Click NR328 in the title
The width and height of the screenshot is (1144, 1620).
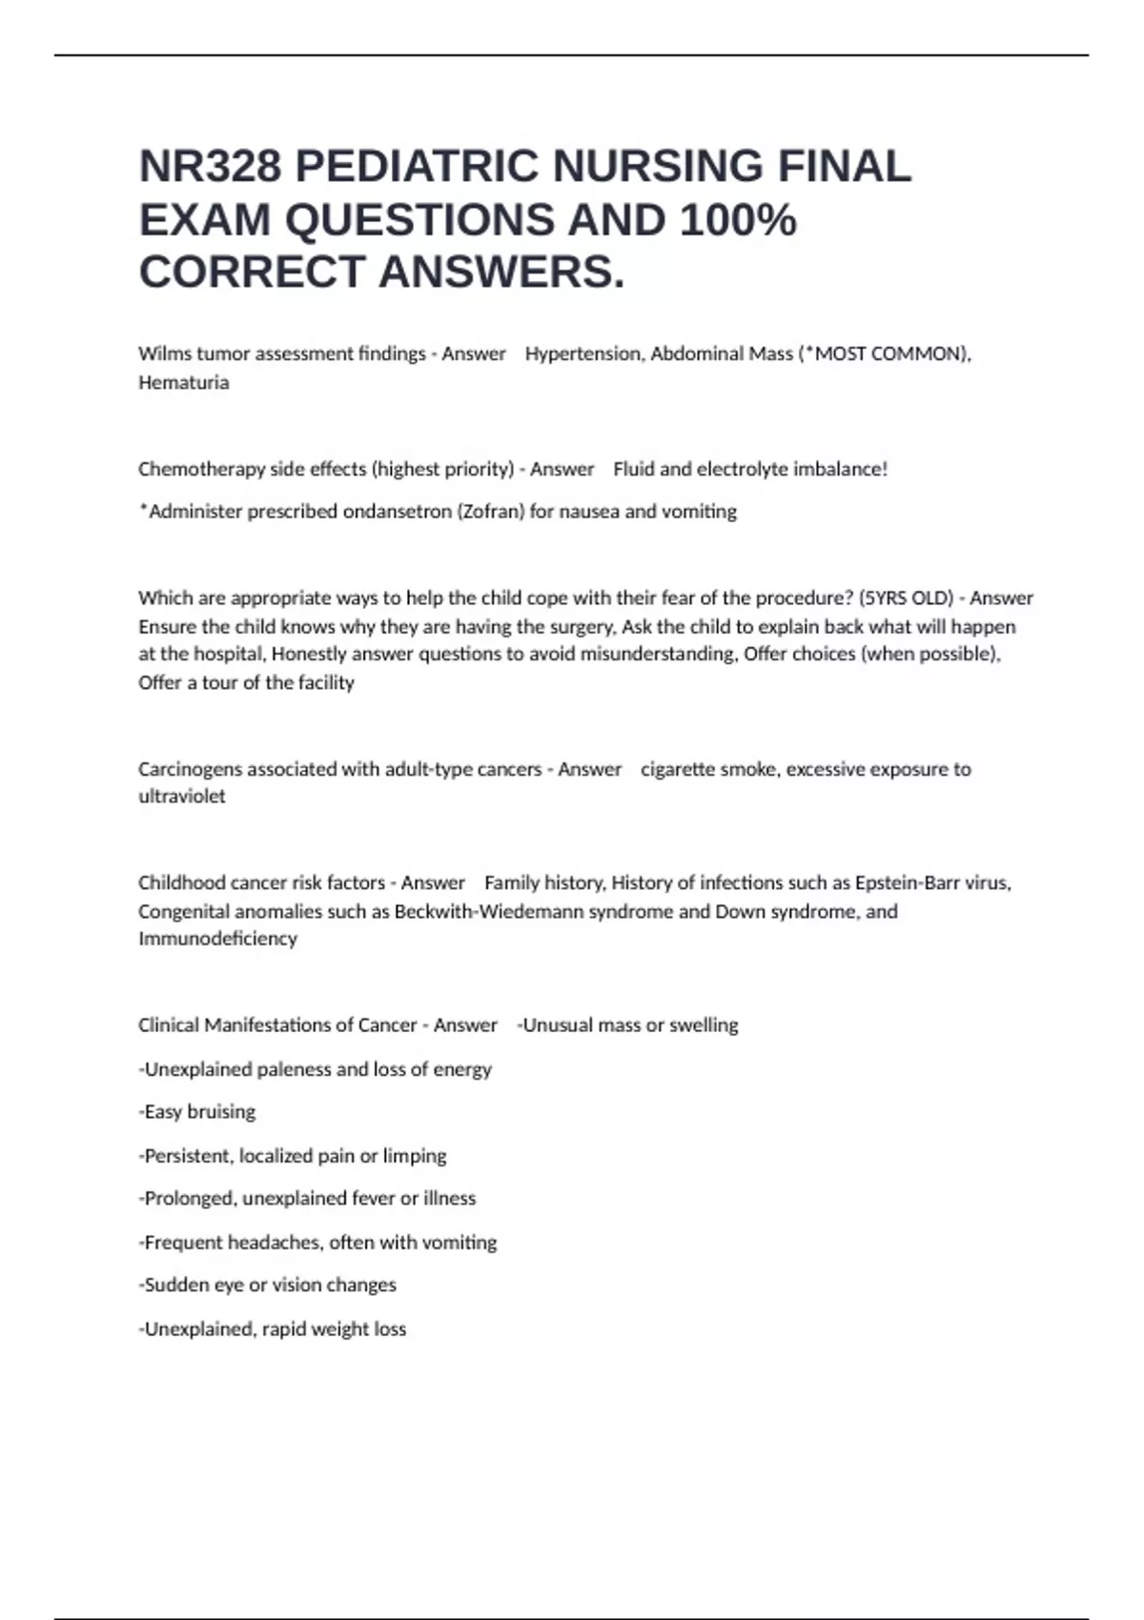point(210,167)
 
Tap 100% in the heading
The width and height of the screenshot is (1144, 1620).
point(738,220)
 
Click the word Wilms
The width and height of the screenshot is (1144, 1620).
point(165,354)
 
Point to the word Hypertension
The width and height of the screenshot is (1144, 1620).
point(583,354)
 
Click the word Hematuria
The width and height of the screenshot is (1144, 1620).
point(184,382)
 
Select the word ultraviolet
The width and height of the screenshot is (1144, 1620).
point(182,797)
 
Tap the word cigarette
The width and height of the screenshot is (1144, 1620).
point(678,769)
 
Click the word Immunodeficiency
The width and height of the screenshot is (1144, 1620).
point(217,939)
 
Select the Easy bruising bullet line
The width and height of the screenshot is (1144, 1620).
point(197,1112)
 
